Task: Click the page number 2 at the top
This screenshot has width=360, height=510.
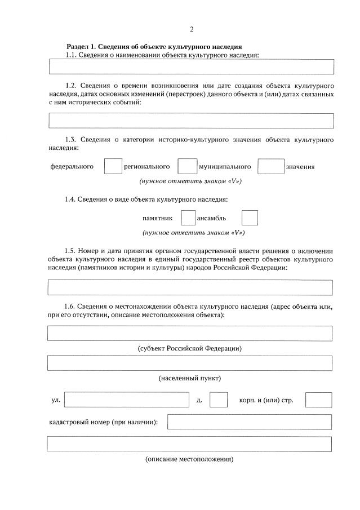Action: pyautogui.click(x=191, y=29)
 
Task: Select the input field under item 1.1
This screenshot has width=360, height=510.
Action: pyautogui.click(x=191, y=66)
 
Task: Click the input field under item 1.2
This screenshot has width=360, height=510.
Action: pyautogui.click(x=191, y=121)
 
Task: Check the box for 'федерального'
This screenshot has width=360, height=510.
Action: pyautogui.click(x=113, y=166)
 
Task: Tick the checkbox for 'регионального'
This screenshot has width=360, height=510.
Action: pyautogui.click(x=187, y=166)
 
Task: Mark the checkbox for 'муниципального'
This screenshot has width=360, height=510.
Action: pyautogui.click(x=270, y=166)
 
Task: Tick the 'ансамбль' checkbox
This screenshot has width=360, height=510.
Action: pyautogui.click(x=250, y=218)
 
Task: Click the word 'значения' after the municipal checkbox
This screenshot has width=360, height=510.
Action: pyautogui.click(x=300, y=167)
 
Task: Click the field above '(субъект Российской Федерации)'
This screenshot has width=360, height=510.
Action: pyautogui.click(x=190, y=333)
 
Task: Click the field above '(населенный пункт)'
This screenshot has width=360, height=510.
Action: pyautogui.click(x=190, y=363)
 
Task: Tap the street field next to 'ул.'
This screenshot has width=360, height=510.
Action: pyautogui.click(x=127, y=400)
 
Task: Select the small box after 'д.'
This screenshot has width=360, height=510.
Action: pyautogui.click(x=218, y=400)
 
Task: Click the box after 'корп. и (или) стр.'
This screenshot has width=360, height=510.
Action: pyautogui.click(x=318, y=400)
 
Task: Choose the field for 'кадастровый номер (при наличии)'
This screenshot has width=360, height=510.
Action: pyautogui.click(x=250, y=422)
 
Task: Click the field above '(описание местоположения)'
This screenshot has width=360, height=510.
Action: pyautogui.click(x=190, y=444)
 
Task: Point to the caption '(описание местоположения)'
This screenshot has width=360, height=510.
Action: pyautogui.click(x=189, y=459)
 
